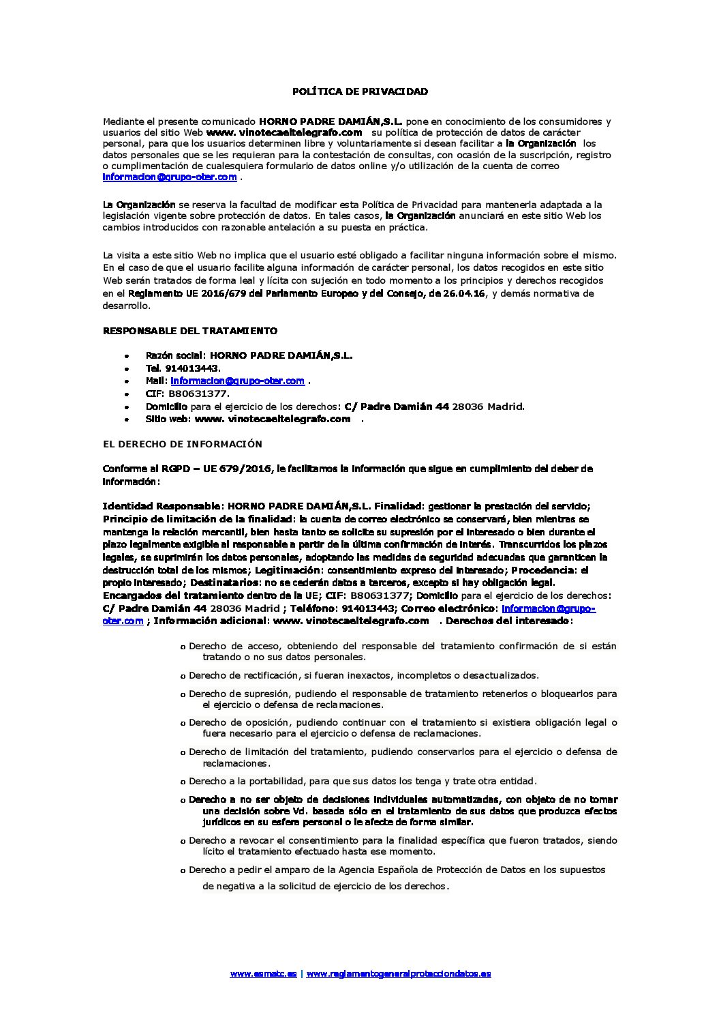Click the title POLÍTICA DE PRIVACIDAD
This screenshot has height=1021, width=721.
pos(360,91)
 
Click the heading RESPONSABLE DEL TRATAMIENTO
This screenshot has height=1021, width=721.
pos(190,331)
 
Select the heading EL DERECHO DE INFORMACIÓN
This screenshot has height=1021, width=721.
pos(182,444)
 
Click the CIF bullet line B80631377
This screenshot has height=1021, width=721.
pos(187,394)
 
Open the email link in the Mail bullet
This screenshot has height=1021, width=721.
pos(237,381)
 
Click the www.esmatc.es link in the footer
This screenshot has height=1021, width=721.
pos(263,973)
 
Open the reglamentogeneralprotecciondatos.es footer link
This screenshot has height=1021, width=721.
pos(399,973)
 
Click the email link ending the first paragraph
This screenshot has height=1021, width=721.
pos(170,177)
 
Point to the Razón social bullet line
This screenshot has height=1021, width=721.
pos(249,355)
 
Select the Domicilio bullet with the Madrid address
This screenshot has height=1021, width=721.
pos(335,406)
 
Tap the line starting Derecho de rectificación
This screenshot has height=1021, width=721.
pos(364,675)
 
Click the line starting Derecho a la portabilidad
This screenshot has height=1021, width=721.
pos(363,781)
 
